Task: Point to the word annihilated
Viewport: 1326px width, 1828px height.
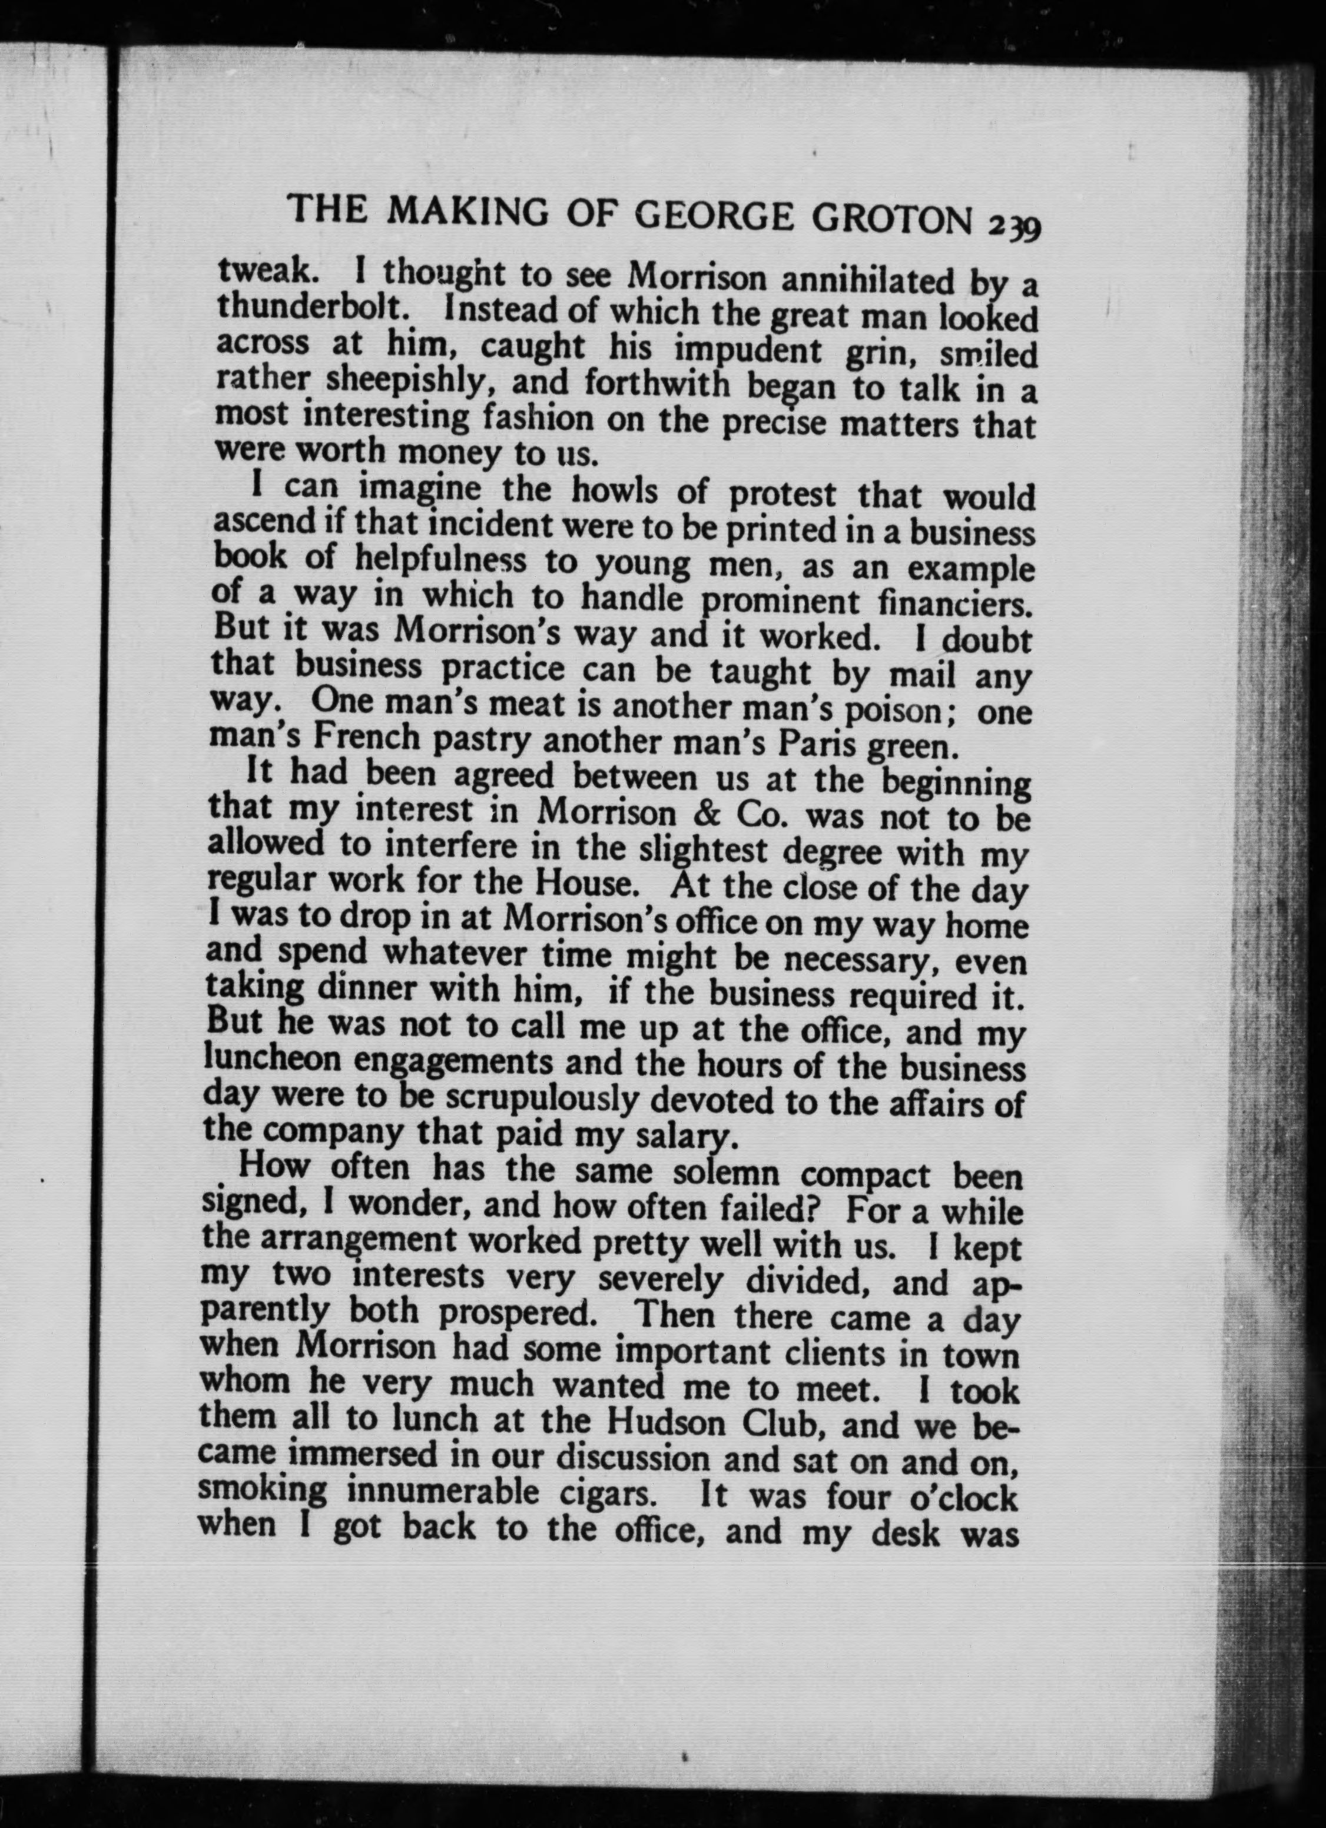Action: click(865, 281)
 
